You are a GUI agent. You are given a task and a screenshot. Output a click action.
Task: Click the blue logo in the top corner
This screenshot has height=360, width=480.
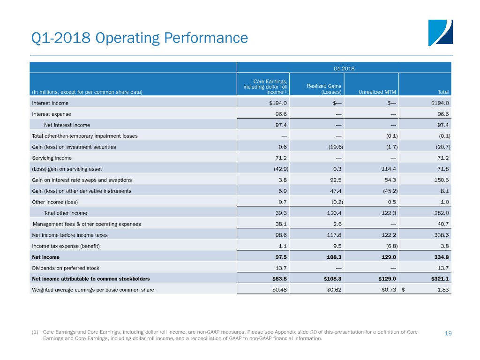click(441, 33)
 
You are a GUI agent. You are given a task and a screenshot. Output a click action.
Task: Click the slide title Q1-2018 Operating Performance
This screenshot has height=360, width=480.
click(140, 38)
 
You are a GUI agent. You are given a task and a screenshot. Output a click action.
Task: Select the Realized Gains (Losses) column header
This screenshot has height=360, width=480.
click(324, 89)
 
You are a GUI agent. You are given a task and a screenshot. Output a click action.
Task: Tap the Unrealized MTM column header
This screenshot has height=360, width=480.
click(377, 92)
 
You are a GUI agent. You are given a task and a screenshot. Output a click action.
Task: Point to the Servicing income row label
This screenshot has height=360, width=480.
click(52, 158)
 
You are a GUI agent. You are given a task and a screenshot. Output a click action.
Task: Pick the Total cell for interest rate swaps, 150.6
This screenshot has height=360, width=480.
click(442, 180)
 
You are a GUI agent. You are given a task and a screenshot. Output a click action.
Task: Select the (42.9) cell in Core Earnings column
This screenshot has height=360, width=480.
click(281, 169)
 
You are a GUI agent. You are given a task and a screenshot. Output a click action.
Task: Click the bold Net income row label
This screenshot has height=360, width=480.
click(45, 257)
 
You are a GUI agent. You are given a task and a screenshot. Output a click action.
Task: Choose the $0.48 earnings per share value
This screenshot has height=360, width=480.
click(279, 290)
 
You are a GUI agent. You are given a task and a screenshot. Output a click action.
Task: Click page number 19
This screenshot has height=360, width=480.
click(448, 333)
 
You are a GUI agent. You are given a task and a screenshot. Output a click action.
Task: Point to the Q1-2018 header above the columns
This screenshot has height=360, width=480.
click(344, 68)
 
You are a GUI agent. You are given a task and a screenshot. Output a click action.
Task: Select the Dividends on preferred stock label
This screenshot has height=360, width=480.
click(66, 268)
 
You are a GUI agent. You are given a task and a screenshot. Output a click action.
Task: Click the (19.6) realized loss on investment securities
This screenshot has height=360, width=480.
click(336, 147)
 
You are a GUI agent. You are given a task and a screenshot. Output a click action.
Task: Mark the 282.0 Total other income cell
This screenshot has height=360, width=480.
click(442, 213)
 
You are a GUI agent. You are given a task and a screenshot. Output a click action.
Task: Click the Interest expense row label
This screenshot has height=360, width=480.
click(52, 114)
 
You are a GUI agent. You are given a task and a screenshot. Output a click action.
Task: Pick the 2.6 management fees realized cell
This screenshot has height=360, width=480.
click(337, 224)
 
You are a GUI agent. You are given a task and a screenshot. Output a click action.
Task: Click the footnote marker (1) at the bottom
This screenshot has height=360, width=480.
click(35, 332)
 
